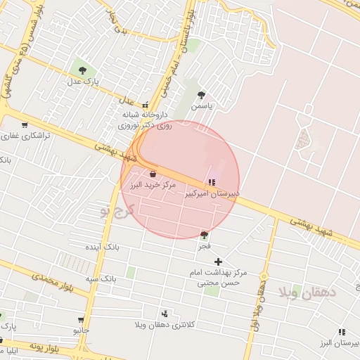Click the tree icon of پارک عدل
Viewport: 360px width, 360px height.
coord(83,70)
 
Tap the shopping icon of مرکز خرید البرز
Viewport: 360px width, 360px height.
coord(153,174)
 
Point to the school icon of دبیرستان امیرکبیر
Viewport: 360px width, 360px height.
coord(212,183)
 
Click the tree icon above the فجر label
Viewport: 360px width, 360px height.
coord(204,235)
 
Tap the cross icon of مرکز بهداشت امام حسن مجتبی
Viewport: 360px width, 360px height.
coord(219,262)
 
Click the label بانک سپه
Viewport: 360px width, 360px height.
coord(101,278)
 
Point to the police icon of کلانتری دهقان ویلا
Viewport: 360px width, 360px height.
coord(165,314)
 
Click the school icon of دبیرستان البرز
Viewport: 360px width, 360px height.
coord(342,332)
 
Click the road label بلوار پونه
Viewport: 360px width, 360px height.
coord(52,347)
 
